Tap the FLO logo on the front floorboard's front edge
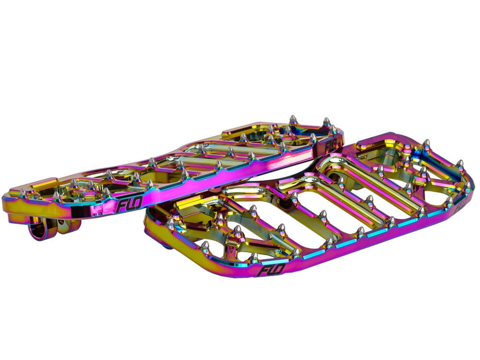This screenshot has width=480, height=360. click(x=272, y=270)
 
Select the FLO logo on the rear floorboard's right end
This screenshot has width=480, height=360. click(x=331, y=144)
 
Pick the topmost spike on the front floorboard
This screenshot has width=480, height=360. click(x=426, y=143)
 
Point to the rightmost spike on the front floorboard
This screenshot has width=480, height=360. click(x=468, y=185)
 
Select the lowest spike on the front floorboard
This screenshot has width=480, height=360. click(x=254, y=257)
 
